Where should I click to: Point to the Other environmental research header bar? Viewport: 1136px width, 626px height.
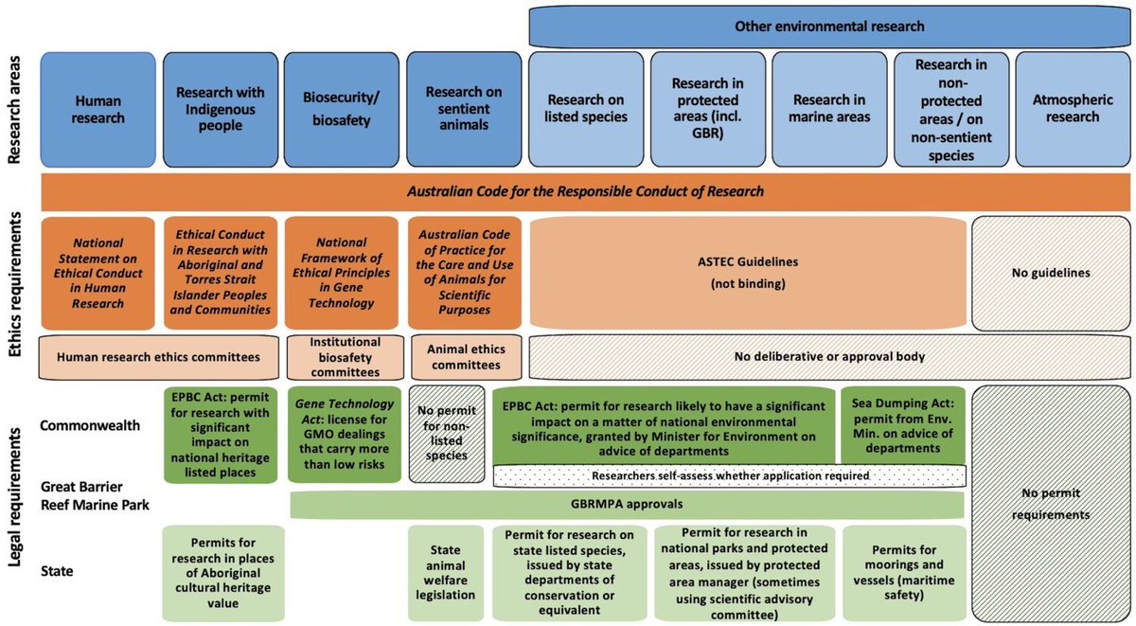point(829,27)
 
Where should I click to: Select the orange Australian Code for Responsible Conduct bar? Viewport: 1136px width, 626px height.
point(585,192)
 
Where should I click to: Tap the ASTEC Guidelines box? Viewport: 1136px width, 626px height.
point(748,273)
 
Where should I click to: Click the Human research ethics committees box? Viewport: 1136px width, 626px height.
point(158,358)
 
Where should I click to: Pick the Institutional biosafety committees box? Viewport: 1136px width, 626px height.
point(341,357)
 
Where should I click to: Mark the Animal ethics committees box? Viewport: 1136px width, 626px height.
point(464,357)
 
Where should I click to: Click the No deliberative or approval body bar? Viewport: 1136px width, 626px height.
point(828,358)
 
